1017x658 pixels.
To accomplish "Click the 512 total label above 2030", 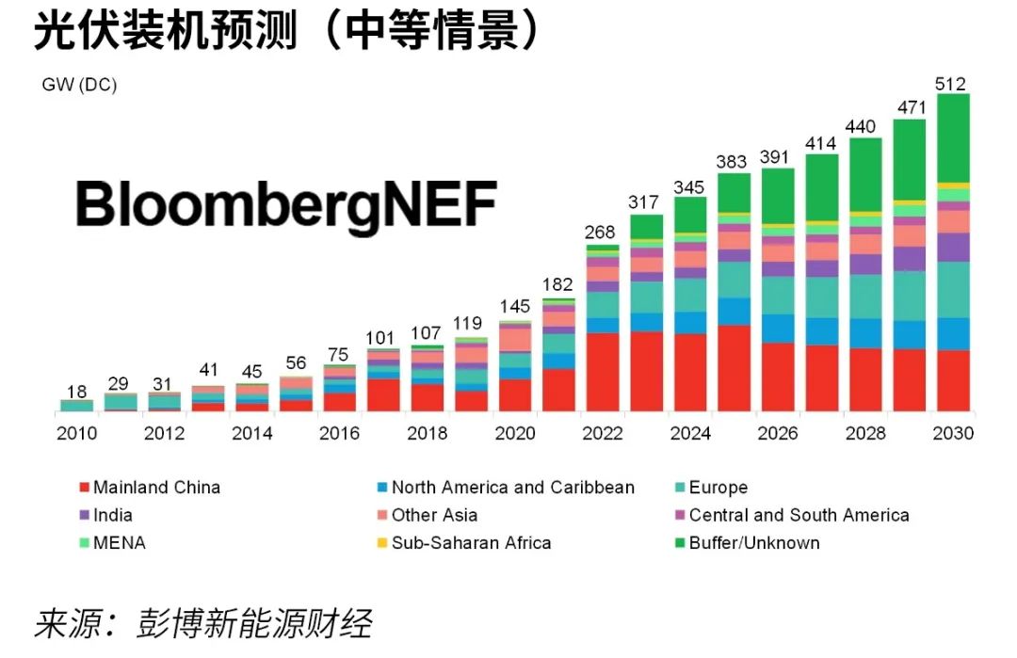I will pos(952,84).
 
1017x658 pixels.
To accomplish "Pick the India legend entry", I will pos(113,515).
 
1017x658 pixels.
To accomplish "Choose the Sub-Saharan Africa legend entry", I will pos(471,542).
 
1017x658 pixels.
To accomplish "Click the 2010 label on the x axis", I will pos(77,434).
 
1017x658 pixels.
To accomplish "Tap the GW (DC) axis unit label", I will pos(79,86).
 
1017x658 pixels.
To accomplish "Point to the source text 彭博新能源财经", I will pos(254,624).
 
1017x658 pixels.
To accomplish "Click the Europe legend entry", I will pos(718,488).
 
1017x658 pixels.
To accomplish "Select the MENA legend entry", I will pos(120,542).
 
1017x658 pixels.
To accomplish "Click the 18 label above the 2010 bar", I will pos(77,392).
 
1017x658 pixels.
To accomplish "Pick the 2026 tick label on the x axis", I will pos(778,434).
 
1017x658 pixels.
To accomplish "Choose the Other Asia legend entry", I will pos(434,515).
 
